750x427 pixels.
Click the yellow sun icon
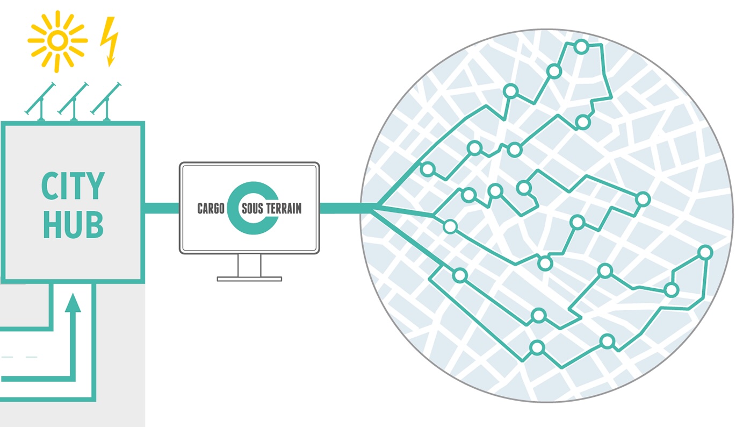[57, 41]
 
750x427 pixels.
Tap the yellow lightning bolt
[109, 41]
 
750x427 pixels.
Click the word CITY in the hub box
[73, 186]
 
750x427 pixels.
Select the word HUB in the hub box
[73, 225]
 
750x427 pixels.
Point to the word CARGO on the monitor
[211, 209]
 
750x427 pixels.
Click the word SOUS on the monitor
[252, 209]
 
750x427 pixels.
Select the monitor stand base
[249, 279]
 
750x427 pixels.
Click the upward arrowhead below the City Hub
[73, 303]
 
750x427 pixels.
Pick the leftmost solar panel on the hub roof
[40, 101]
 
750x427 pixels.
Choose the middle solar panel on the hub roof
[73, 101]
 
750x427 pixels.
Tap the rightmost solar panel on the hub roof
[106, 101]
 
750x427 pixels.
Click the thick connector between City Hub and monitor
[162, 208]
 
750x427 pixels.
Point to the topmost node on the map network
[581, 47]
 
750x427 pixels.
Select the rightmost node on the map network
[705, 253]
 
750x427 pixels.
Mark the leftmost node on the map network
[428, 169]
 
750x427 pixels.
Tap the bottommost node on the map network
[537, 347]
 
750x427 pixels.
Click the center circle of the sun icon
[57, 40]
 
